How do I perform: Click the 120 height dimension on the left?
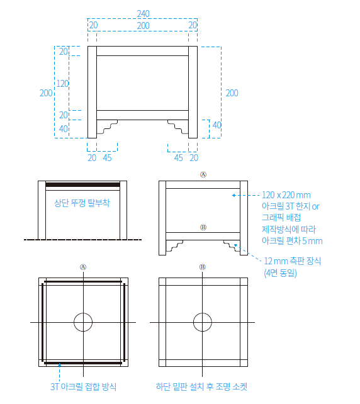pyautogui.click(x=62, y=83)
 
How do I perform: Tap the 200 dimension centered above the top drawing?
pyautogui.click(x=143, y=25)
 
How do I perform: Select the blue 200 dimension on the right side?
pyautogui.click(x=232, y=93)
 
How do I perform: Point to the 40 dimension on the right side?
pyautogui.click(x=217, y=125)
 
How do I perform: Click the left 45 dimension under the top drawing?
pyautogui.click(x=107, y=157)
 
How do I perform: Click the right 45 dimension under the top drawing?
pyautogui.click(x=179, y=157)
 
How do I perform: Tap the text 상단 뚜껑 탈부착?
pyautogui.click(x=82, y=203)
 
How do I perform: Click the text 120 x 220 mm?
pyautogui.click(x=286, y=195)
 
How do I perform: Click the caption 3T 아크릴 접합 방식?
pyautogui.click(x=83, y=386)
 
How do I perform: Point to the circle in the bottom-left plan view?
pyautogui.click(x=83, y=322)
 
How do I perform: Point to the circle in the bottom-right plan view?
pyautogui.click(x=203, y=322)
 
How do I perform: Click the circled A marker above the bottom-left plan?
pyautogui.click(x=83, y=266)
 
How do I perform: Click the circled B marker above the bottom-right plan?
pyautogui.click(x=203, y=266)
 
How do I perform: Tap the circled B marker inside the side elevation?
pyautogui.click(x=203, y=227)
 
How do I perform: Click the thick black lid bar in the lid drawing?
pyautogui.click(x=82, y=184)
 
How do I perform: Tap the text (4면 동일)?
pyautogui.click(x=280, y=273)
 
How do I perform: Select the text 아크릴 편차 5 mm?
pyautogui.click(x=291, y=241)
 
